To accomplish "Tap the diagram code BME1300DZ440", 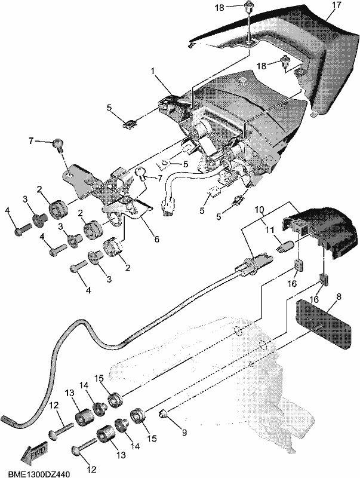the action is (x=39, y=474).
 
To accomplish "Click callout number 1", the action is (x=153, y=72).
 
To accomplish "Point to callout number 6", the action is (x=156, y=240).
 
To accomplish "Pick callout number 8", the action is (x=339, y=296).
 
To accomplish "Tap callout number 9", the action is (x=184, y=433).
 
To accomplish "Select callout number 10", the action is (x=259, y=210).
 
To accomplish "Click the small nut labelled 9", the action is (x=163, y=414).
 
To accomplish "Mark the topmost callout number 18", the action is (x=220, y=7).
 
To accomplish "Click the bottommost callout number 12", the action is (x=92, y=469).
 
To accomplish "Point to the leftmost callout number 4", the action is (x=8, y=211).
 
